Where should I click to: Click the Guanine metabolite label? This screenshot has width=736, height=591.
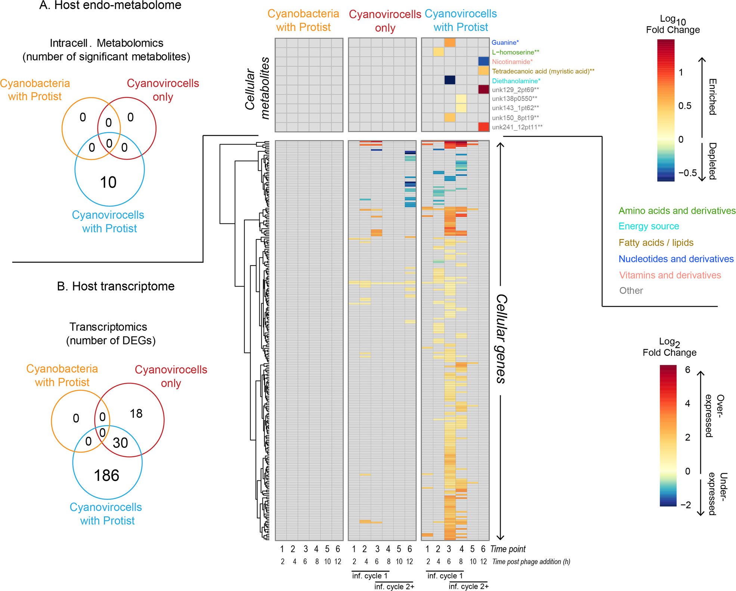click(x=505, y=43)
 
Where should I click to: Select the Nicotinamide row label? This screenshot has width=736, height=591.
click(x=512, y=62)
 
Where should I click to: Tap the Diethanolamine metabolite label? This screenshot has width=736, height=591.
click(x=516, y=81)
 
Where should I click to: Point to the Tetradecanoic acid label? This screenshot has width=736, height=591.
click(x=543, y=71)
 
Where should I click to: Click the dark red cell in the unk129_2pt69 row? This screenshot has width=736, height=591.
click(x=483, y=89)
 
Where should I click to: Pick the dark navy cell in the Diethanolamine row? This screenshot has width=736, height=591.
click(x=449, y=80)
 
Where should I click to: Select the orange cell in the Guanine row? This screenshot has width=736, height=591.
click(x=449, y=43)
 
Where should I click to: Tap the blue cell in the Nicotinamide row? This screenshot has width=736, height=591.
click(x=483, y=61)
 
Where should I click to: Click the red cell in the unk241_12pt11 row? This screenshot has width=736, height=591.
click(x=483, y=127)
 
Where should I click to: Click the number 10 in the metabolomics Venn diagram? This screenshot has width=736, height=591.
click(x=108, y=182)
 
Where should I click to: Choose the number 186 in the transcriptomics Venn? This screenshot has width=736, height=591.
click(x=106, y=476)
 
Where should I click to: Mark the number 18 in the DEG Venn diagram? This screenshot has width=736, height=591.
click(x=136, y=413)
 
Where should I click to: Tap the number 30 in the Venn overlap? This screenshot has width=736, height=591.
click(x=120, y=443)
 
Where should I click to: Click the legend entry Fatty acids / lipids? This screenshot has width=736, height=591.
click(x=656, y=242)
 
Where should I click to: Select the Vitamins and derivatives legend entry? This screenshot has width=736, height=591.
click(x=670, y=275)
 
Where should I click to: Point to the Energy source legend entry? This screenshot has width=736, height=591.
click(x=649, y=226)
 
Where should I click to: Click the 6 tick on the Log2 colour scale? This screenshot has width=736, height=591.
click(x=687, y=369)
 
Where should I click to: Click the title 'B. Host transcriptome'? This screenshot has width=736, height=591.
click(x=116, y=286)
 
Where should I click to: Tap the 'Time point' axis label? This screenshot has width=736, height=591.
click(x=508, y=549)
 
